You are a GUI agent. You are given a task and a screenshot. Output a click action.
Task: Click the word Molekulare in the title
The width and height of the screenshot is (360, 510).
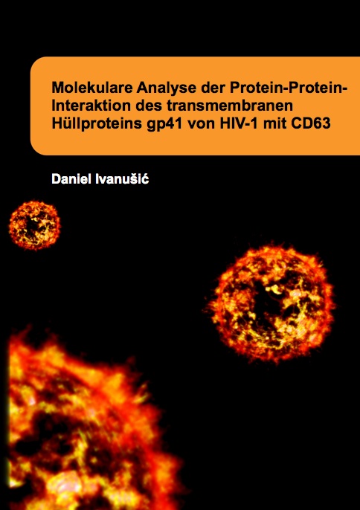click(x=92, y=88)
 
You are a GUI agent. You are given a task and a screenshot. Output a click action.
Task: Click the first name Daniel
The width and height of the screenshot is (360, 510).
click(x=71, y=179)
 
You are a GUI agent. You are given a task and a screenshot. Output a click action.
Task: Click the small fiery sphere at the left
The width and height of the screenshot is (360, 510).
click(x=34, y=225)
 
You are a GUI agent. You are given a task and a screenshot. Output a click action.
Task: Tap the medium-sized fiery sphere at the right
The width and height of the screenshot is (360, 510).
click(x=271, y=303)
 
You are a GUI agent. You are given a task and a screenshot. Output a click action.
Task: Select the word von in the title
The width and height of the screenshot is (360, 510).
click(x=202, y=123)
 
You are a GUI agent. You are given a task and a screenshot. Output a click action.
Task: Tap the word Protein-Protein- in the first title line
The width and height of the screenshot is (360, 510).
click(x=289, y=88)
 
